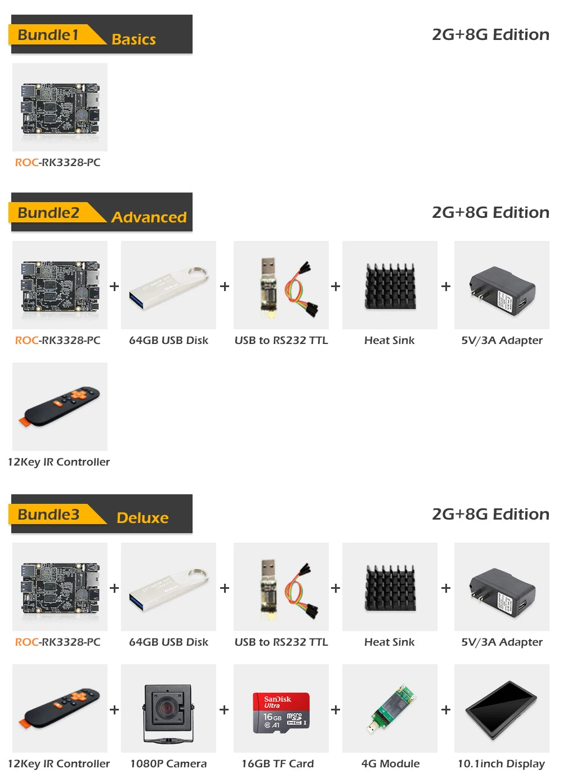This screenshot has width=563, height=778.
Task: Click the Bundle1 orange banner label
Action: point(48,35)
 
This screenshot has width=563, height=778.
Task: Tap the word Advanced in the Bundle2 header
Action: point(149,217)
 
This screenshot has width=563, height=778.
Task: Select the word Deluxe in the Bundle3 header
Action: point(142,518)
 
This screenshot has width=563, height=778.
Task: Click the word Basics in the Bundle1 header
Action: point(133,39)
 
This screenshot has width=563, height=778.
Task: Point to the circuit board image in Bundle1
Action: point(60,107)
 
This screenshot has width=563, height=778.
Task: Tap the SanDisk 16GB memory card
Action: point(280,712)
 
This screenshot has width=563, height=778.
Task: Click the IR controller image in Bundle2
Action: point(60,405)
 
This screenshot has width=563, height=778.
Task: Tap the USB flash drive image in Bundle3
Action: point(168,587)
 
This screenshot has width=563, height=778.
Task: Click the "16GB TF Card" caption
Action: point(278,763)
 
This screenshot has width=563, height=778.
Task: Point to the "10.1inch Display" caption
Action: point(501,763)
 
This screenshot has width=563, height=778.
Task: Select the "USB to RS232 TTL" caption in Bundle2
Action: point(281,340)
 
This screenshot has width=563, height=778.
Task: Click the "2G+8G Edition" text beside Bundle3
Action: point(490,514)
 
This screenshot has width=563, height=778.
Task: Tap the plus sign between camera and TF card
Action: point(224,710)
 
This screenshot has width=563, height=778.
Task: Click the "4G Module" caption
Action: point(390,763)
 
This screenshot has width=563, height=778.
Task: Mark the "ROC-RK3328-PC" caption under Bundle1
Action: point(57,162)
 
